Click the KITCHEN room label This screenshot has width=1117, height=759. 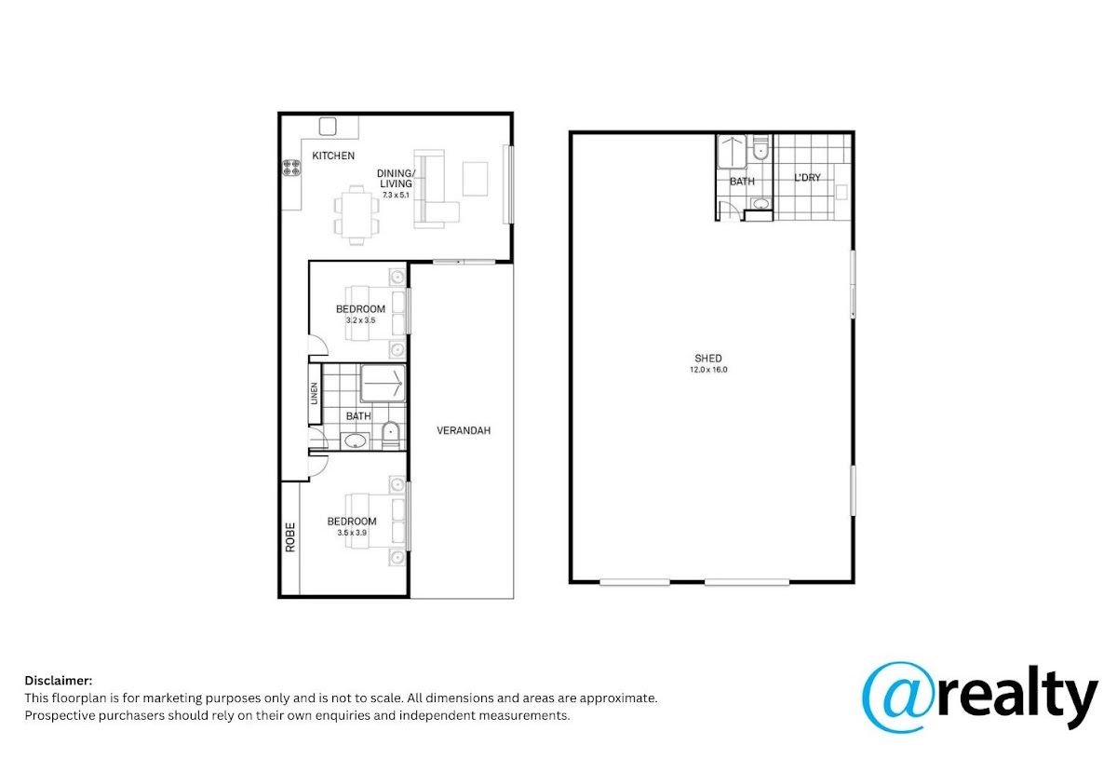click(333, 156)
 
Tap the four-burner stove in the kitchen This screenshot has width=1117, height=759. click(291, 168)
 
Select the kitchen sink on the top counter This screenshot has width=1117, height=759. click(328, 127)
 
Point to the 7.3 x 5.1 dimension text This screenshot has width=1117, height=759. click(396, 196)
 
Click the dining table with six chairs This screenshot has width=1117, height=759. click(357, 215)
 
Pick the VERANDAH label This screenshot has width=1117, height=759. click(464, 430)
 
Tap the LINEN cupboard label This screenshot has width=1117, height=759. click(315, 394)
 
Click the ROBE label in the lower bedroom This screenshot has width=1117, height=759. click(290, 537)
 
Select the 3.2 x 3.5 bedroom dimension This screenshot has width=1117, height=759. click(360, 320)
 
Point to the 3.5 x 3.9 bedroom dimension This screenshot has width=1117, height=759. click(352, 533)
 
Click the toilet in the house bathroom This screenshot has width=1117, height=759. click(390, 435)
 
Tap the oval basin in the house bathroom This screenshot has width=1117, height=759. click(355, 440)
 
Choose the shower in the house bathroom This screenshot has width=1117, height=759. click(383, 384)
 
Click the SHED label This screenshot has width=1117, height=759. click(708, 359)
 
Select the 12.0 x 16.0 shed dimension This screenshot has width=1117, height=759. click(708, 370)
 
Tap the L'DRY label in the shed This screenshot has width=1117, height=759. click(807, 178)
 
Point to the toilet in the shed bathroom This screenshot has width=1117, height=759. click(760, 147)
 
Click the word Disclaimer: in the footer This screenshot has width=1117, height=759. click(59, 680)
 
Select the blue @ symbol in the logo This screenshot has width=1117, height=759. click(898, 698)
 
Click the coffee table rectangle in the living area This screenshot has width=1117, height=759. click(475, 179)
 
